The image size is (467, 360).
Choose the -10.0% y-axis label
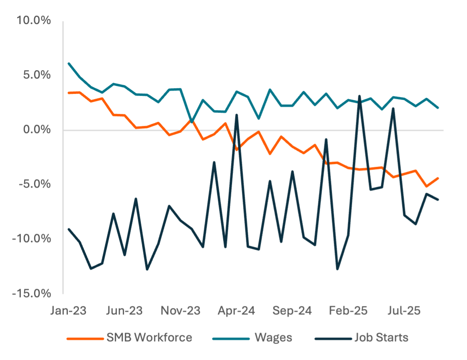click(32, 239)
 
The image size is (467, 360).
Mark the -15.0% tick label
click(32, 293)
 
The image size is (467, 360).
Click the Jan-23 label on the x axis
click(69, 311)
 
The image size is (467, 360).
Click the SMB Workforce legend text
click(149, 337)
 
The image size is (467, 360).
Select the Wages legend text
click(273, 337)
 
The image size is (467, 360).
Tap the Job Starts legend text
click(381, 337)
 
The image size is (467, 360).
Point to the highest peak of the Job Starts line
click(359, 96)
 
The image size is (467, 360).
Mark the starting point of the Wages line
click(69, 63)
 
